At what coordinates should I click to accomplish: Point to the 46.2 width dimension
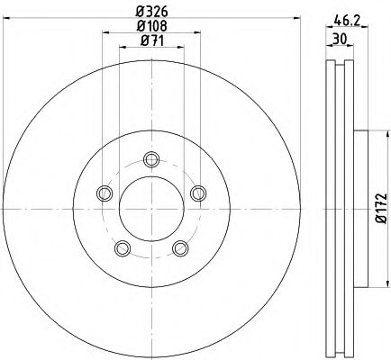pos(341,15)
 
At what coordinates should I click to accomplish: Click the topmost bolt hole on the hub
pos(150,160)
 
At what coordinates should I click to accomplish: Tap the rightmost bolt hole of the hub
pos(197,191)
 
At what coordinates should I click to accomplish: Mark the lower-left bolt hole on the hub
pos(123,248)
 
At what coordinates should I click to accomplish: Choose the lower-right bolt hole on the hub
pos(180,247)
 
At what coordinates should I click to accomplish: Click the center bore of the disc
pos(150,208)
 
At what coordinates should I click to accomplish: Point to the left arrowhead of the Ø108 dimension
pos(105,33)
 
